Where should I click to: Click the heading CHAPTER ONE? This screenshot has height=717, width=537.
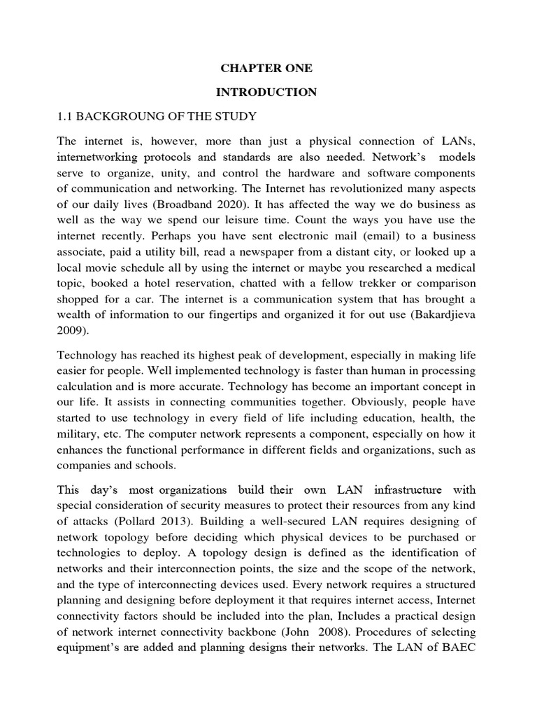(267, 69)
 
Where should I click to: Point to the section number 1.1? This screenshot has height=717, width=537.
(68, 116)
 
